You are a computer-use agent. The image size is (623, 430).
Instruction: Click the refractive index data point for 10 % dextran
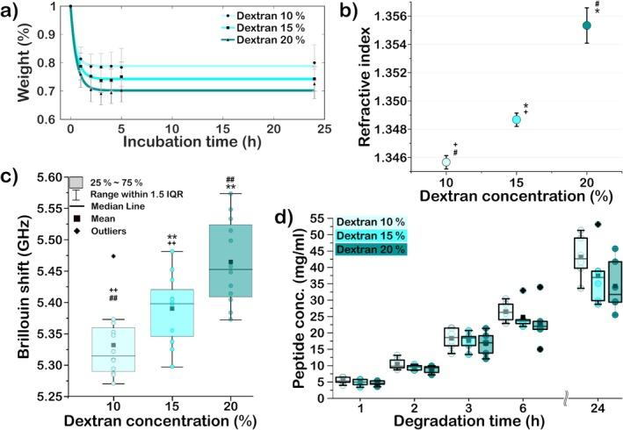pyautogui.click(x=446, y=161)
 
